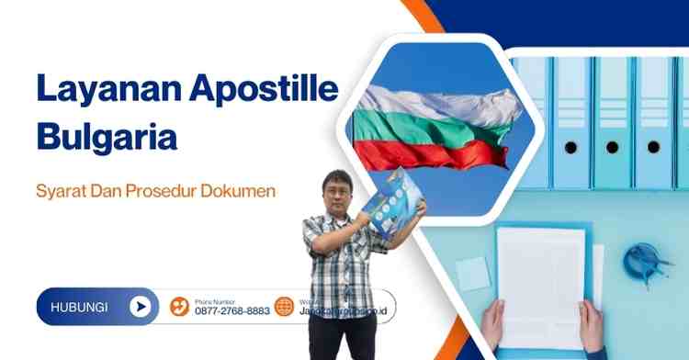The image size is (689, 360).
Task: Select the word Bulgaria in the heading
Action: [x=106, y=139]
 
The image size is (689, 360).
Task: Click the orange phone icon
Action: [x=180, y=307]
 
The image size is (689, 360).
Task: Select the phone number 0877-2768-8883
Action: [x=232, y=311]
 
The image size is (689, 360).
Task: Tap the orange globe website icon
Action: [x=285, y=307]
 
